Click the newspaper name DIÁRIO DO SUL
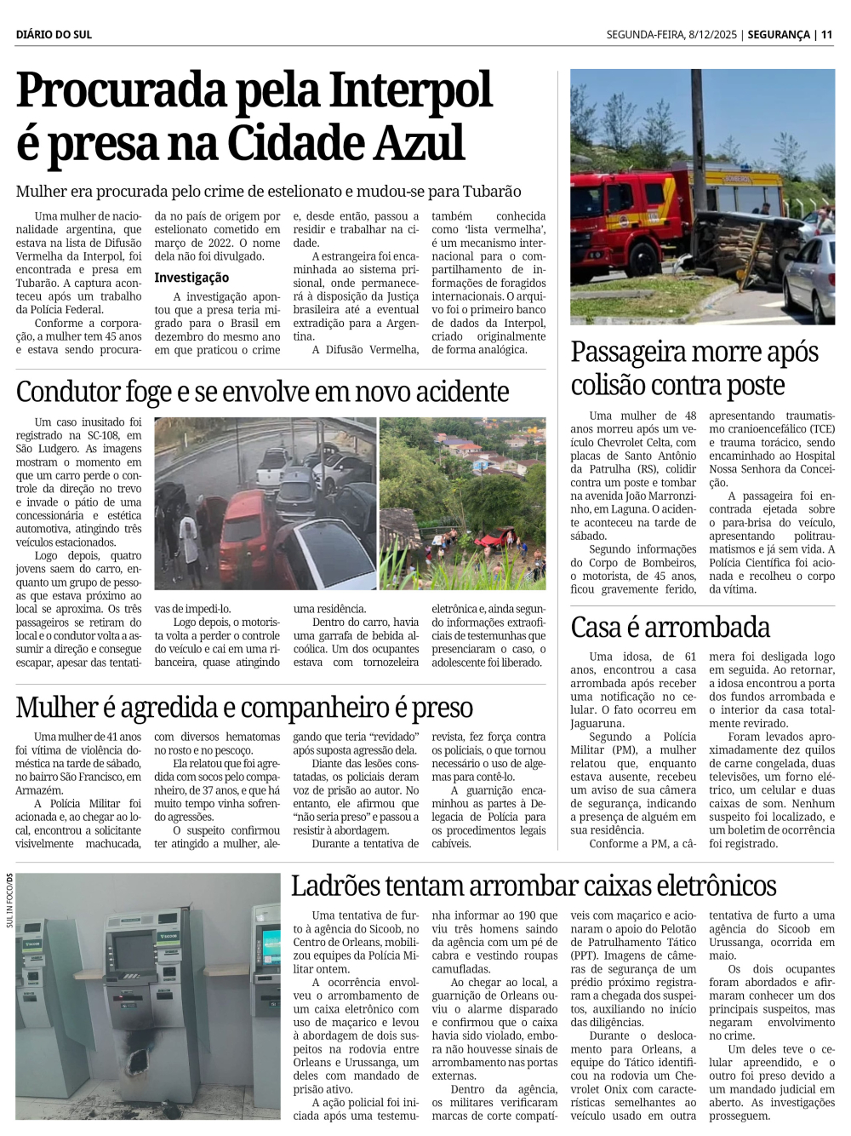point(54,35)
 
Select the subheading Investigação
point(191,278)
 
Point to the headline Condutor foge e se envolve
point(262,392)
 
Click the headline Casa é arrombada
point(670,628)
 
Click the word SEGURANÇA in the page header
point(779,35)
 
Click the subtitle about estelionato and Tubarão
point(268,192)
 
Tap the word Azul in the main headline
point(422,143)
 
